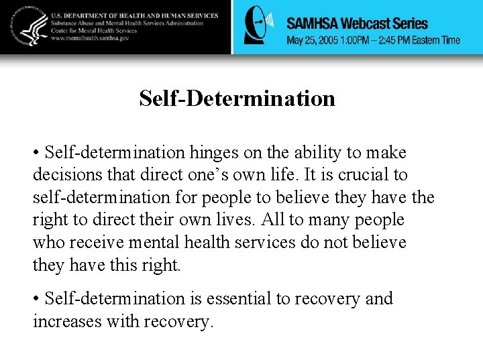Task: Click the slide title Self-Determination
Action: click(237, 99)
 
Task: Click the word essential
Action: click(235, 298)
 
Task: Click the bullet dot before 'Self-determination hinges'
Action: click(36, 154)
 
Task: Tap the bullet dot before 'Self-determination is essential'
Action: click(36, 299)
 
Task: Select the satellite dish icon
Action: click(258, 27)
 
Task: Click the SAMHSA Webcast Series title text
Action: click(357, 23)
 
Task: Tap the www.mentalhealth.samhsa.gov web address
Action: click(95, 39)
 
